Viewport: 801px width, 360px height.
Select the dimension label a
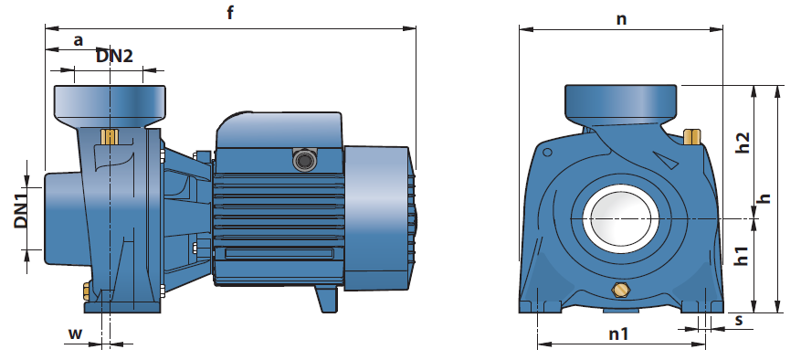pos(79,41)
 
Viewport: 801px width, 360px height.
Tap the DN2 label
pos(114,56)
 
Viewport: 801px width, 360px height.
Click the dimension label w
pos(75,334)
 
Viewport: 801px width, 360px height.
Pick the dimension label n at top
pos(621,19)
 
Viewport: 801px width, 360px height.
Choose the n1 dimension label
pos(618,334)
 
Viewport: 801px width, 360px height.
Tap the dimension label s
pos(739,321)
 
